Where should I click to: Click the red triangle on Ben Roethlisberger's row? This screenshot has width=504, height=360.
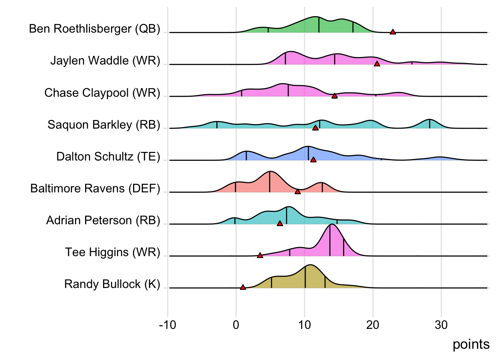[x=393, y=32]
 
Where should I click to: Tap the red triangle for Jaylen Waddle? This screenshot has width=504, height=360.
[x=377, y=64]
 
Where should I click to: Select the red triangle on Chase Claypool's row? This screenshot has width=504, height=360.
[x=334, y=96]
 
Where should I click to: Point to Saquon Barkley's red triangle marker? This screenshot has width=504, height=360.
[x=315, y=128]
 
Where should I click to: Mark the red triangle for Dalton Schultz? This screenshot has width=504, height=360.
[x=313, y=160]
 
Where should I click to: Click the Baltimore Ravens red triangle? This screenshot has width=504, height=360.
[x=297, y=192]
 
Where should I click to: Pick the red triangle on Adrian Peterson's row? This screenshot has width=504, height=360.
[x=280, y=223]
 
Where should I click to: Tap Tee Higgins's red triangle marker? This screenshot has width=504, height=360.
[x=260, y=255]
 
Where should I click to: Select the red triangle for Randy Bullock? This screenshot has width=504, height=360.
[x=243, y=287]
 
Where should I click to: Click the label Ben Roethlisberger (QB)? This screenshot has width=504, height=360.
[x=94, y=28]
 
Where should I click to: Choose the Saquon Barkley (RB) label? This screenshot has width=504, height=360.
[x=104, y=124]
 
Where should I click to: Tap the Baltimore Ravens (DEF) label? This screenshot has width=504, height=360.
[x=95, y=188]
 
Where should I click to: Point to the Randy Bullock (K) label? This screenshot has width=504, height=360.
[x=112, y=284]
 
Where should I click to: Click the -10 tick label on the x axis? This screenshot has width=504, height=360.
[x=167, y=325]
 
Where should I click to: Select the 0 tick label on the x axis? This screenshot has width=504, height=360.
[x=236, y=325]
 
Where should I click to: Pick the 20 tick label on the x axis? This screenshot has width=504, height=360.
[x=373, y=325]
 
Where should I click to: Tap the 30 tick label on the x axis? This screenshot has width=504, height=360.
[x=441, y=325]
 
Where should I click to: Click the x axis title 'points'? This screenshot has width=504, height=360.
[x=471, y=344]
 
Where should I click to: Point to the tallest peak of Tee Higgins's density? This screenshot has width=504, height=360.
[x=331, y=225]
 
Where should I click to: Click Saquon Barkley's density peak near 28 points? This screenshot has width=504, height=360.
[x=430, y=120]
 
